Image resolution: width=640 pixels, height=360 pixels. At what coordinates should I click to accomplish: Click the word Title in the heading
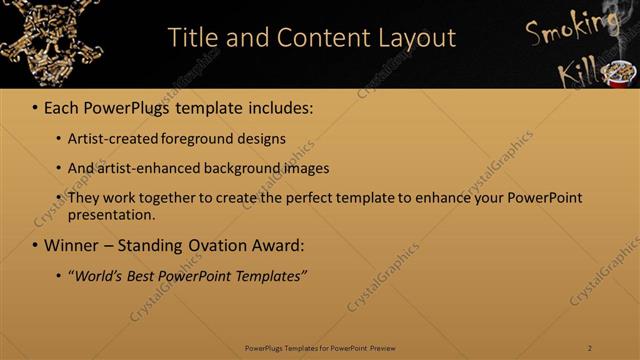pos(191,38)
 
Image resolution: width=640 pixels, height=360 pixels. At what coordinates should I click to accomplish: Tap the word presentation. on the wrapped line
pos(111,214)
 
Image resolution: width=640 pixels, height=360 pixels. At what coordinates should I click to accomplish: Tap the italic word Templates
pos(271,275)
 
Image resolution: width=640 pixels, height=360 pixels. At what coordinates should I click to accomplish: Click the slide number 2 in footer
pos(589,348)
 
